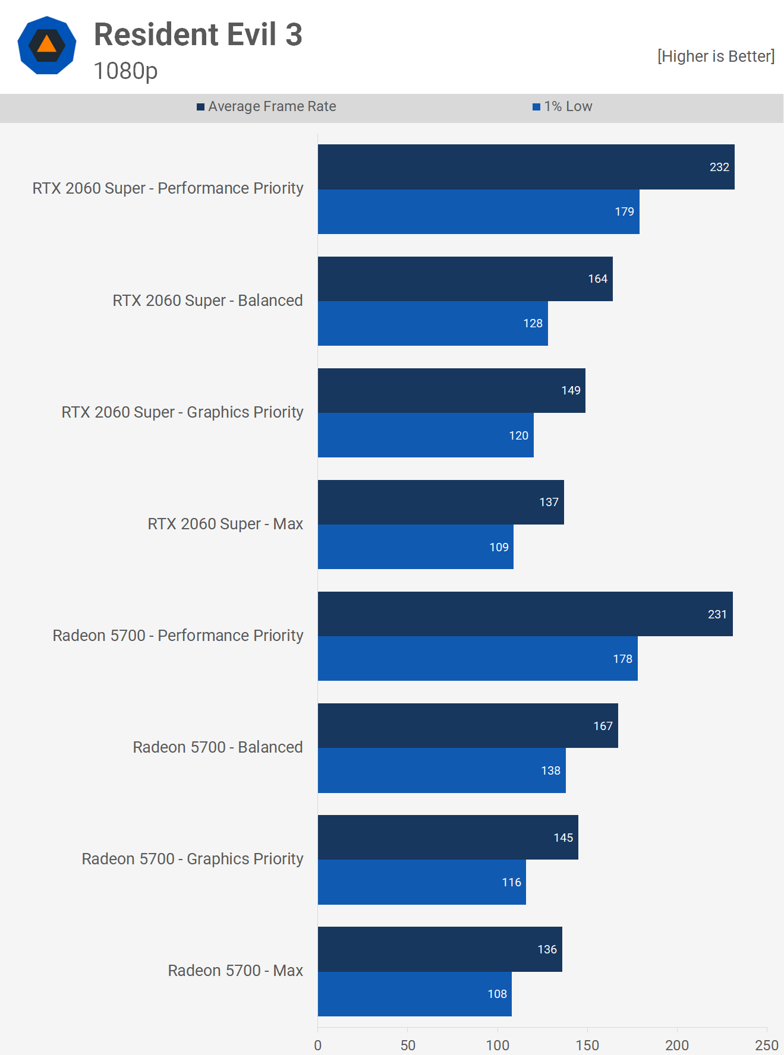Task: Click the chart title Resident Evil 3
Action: coord(198,34)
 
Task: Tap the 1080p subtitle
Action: coord(125,71)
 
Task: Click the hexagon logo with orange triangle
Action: coord(47,46)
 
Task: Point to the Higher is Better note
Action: coord(716,56)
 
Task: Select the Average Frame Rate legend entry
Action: coord(267,106)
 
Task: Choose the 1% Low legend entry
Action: coord(563,106)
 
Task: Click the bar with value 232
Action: coord(526,167)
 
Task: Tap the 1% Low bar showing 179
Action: coord(478,211)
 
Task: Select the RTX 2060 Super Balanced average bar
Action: coord(465,279)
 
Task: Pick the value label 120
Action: coord(518,435)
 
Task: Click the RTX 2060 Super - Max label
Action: coord(225,524)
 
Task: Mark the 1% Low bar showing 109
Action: coord(415,547)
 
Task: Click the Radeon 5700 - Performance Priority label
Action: coord(178,636)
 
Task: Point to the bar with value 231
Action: coord(525,614)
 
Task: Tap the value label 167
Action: coord(603,726)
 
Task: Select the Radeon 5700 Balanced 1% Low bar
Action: coord(442,770)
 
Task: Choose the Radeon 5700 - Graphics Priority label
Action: coord(193,859)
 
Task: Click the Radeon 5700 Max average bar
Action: coord(440,949)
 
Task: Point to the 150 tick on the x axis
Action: coord(587,1045)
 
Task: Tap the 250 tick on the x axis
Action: coord(766,1045)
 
